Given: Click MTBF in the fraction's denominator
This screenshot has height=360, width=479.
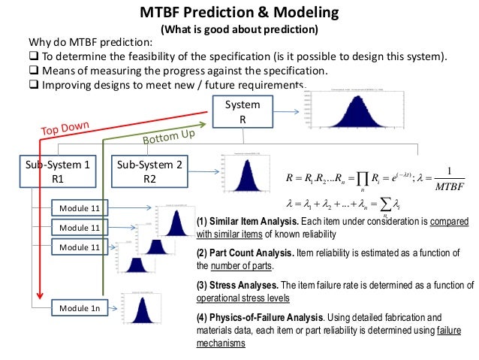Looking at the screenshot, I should [x=449, y=185].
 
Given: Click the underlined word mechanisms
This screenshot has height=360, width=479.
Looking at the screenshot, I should [x=221, y=342].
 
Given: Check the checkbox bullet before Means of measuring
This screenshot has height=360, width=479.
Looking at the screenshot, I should [x=34, y=71].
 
